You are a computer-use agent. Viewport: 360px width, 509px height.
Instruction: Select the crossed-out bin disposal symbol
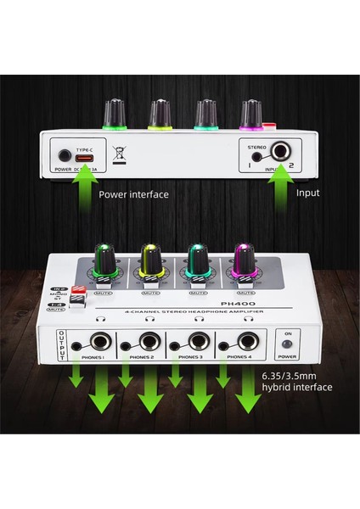click(x=120, y=155)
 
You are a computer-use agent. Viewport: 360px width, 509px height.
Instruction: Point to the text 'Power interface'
click(x=133, y=194)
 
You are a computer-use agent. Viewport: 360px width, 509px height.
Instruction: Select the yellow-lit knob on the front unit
click(x=150, y=260)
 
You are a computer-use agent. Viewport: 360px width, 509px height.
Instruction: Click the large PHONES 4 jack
click(x=249, y=344)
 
